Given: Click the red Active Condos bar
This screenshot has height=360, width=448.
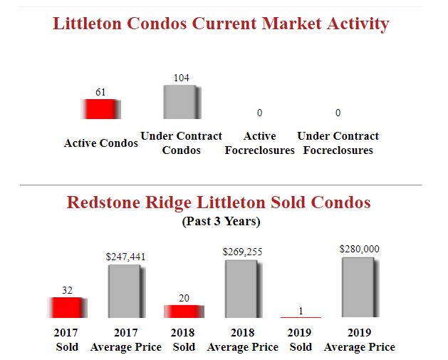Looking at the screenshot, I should [100, 109].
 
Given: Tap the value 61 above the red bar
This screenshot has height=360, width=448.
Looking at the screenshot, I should [100, 92].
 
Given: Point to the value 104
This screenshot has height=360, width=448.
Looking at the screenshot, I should [182, 78].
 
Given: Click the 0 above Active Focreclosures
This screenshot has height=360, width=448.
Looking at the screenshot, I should [259, 113].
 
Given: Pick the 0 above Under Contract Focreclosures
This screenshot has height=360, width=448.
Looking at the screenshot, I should [338, 113].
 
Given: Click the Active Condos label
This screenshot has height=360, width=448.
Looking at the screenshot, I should [100, 143].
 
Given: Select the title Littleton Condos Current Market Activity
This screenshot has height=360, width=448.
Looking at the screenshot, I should [221, 24].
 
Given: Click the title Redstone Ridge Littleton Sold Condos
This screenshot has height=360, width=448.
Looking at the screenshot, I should [219, 202].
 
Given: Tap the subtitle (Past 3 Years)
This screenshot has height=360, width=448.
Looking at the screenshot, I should [221, 222].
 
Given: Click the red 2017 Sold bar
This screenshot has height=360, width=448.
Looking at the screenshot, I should [67, 307].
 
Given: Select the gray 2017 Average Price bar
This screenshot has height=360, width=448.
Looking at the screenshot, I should [125, 291].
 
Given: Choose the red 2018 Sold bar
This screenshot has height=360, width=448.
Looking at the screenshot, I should [184, 311].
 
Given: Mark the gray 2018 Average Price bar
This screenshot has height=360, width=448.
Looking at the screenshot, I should [242, 288].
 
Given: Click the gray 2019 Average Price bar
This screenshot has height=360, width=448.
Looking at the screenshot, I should [359, 287].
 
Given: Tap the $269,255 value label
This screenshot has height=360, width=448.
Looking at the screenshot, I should [242, 252].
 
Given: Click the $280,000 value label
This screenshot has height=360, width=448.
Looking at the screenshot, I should [359, 249].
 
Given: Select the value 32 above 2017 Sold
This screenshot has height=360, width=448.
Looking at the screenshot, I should [67, 290].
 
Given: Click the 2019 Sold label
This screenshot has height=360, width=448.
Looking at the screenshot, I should [301, 340].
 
